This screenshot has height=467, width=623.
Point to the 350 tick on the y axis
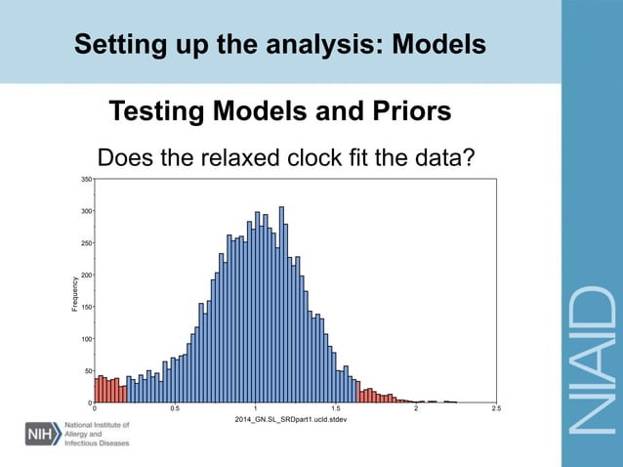click(x=86, y=179)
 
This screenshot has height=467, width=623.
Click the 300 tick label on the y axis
click(x=86, y=211)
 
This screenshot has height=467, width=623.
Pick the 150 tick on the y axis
click(x=86, y=307)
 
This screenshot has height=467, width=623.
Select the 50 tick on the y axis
click(x=88, y=371)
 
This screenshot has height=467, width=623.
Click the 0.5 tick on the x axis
click(x=174, y=409)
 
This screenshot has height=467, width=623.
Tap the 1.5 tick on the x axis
click(x=335, y=409)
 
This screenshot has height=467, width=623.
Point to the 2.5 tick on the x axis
click(x=496, y=409)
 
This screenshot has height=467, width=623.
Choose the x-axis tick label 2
click(x=416, y=409)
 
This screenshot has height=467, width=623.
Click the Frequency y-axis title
click(x=74, y=294)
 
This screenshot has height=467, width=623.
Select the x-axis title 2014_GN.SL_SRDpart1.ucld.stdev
click(x=291, y=419)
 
